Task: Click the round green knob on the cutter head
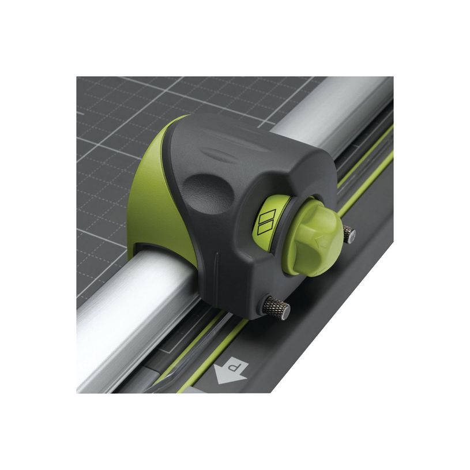318,236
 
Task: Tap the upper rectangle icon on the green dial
268,216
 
